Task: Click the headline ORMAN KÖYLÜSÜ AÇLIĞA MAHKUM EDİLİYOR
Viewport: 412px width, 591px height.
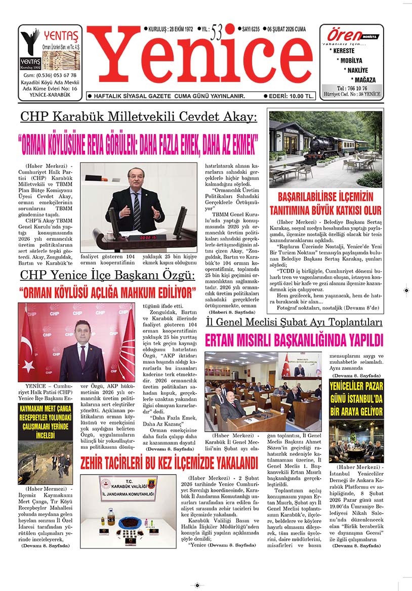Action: tap(107, 292)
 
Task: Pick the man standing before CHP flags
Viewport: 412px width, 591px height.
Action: tap(81, 349)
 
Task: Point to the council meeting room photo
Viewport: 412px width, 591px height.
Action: tap(263, 391)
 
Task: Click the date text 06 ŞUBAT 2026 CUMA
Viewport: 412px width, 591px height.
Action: tap(292, 30)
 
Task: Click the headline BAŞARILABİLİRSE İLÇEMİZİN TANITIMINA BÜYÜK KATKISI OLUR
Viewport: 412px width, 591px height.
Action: tap(325, 203)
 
